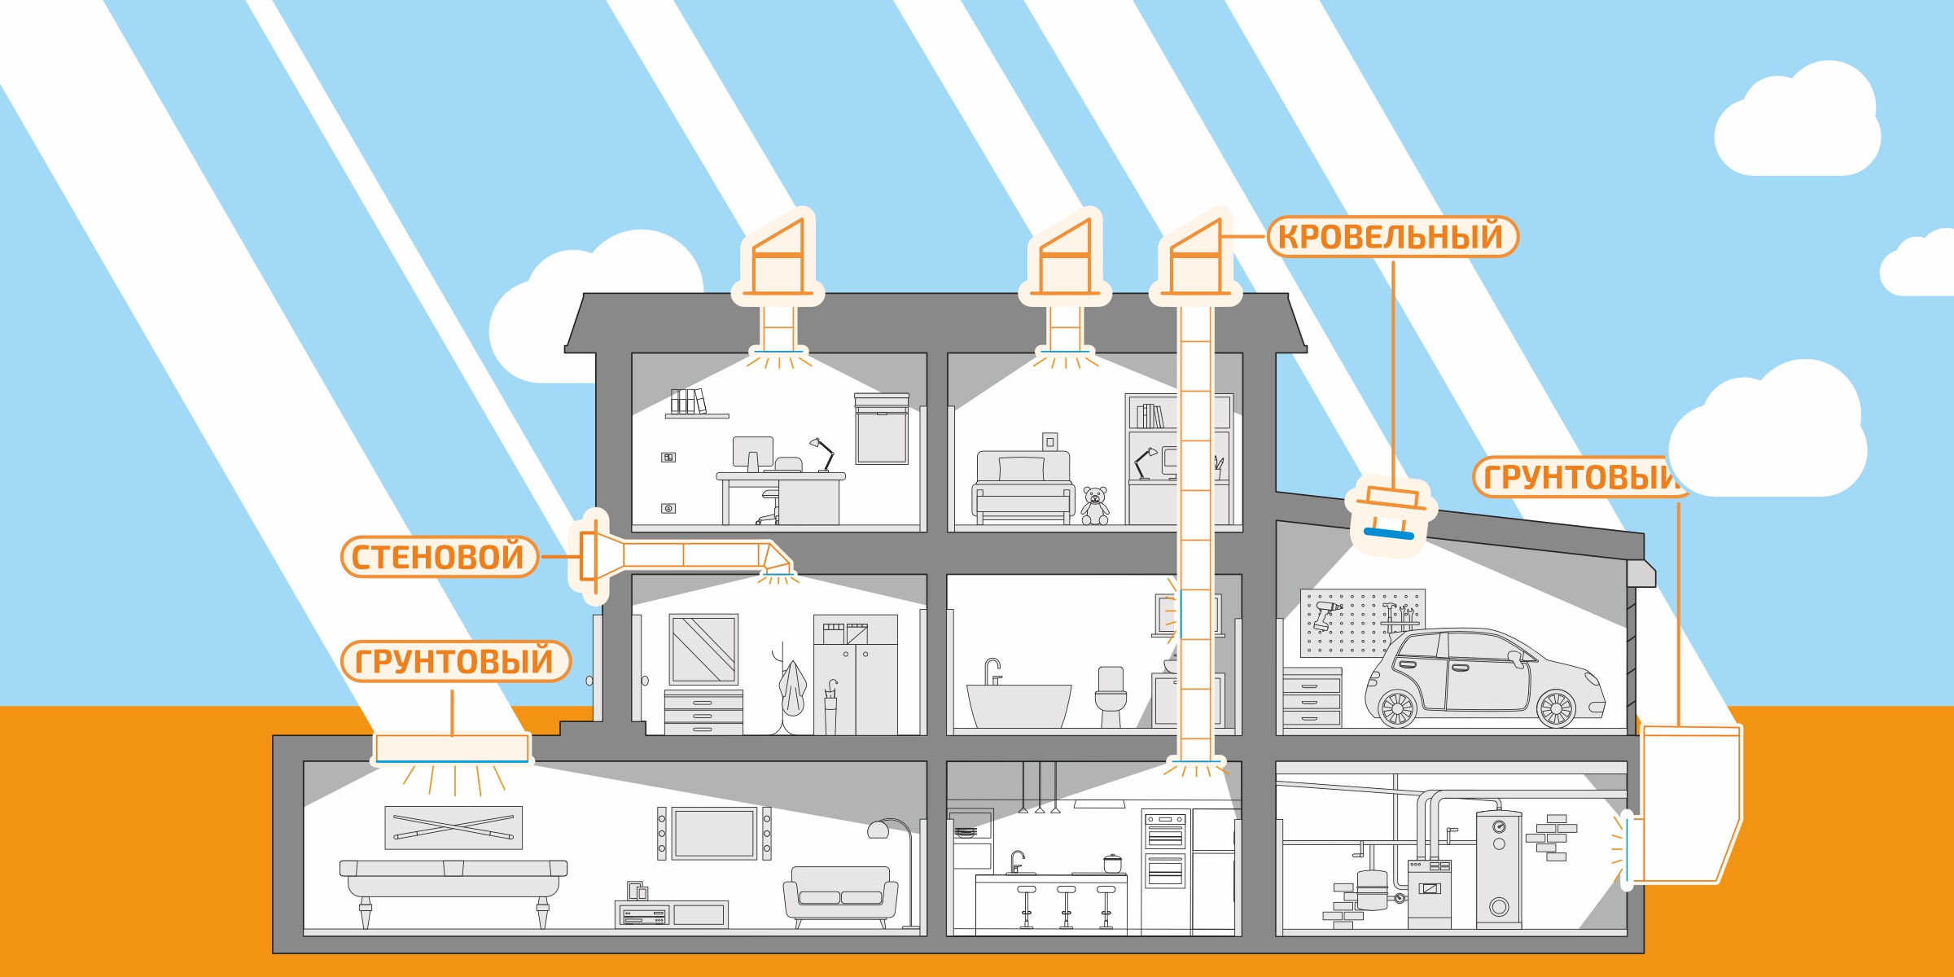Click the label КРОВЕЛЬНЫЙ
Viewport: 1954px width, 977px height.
click(1392, 237)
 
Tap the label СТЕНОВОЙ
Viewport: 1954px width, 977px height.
click(439, 557)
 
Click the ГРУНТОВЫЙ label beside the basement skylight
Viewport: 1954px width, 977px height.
click(454, 661)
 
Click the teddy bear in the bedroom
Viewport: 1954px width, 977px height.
click(1095, 506)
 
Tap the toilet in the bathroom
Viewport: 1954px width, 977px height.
click(1111, 696)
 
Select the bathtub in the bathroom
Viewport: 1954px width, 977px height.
click(1018, 705)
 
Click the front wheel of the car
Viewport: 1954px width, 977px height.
click(1555, 708)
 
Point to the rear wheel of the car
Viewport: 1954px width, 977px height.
click(1397, 708)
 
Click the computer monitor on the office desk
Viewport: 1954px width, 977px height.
click(752, 453)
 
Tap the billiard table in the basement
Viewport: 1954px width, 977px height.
click(453, 883)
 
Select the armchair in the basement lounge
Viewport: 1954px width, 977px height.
click(840, 896)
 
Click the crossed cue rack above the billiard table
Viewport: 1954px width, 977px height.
click(453, 827)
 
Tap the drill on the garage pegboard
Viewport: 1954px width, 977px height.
click(1325, 613)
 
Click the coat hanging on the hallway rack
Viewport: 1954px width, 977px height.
click(791, 688)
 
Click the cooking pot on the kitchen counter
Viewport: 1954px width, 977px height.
click(1112, 864)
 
